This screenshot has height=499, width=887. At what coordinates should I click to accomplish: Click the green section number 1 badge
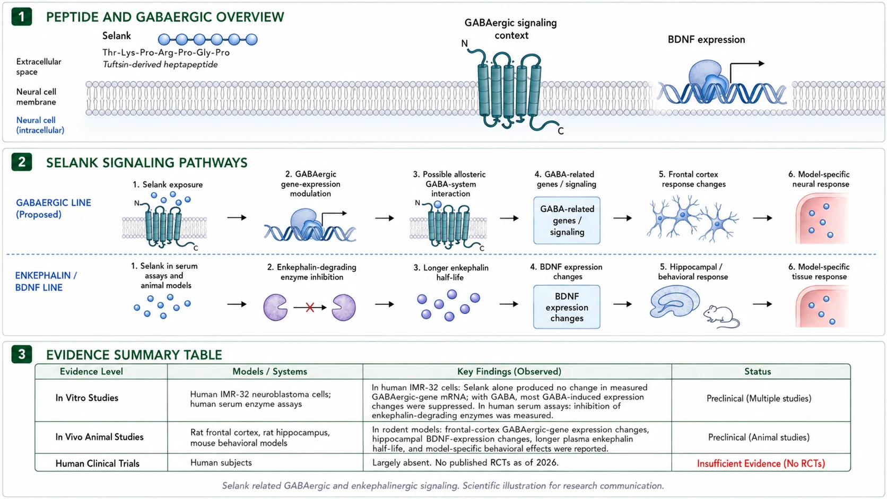click(x=21, y=16)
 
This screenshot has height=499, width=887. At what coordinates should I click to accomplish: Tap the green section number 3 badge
click(x=21, y=354)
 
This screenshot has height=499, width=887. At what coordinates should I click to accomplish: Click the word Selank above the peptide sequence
click(x=116, y=36)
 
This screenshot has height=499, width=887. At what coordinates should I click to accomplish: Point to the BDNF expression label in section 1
click(x=706, y=40)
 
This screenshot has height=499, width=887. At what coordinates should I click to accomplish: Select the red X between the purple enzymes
click(x=310, y=308)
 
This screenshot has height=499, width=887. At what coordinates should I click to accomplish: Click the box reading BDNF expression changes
click(x=567, y=307)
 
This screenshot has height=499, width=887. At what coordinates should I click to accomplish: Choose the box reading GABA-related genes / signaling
click(x=567, y=221)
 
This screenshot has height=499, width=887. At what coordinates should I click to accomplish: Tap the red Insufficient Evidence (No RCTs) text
click(x=761, y=463)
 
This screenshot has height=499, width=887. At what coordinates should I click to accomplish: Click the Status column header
click(x=757, y=372)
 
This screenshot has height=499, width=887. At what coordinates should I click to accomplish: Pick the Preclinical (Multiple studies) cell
click(x=759, y=398)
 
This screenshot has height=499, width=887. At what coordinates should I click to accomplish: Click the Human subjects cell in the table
click(x=221, y=462)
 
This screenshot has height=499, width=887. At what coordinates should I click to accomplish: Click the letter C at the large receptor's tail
click(x=560, y=131)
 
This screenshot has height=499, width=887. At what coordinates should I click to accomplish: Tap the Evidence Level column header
click(x=91, y=372)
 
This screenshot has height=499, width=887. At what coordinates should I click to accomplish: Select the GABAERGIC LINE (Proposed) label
click(x=54, y=208)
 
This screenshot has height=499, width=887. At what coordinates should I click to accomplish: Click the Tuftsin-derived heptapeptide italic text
click(x=160, y=65)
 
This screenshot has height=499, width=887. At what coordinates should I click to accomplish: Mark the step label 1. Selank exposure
click(x=168, y=185)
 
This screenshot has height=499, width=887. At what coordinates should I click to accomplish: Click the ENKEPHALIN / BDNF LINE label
click(x=46, y=282)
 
